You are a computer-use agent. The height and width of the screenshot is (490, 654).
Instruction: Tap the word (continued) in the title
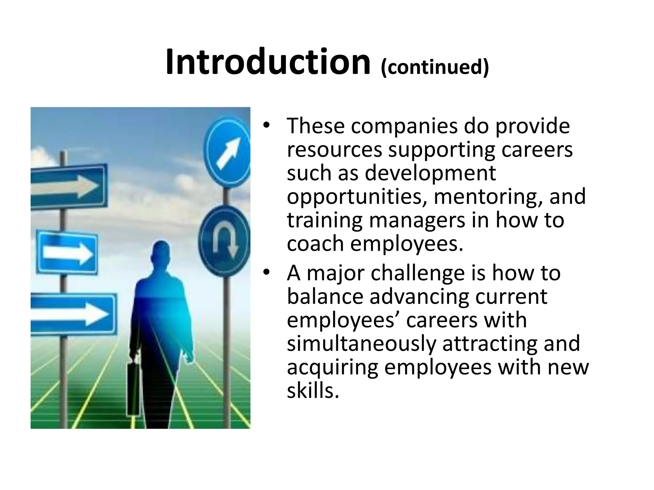[x=435, y=67]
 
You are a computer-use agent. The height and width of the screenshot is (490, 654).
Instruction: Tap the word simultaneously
[x=361, y=344]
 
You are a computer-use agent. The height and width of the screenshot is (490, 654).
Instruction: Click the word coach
[x=315, y=244]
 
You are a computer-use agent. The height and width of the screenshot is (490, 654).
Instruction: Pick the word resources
[x=334, y=150]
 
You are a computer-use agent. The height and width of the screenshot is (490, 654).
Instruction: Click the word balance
[x=325, y=297]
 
